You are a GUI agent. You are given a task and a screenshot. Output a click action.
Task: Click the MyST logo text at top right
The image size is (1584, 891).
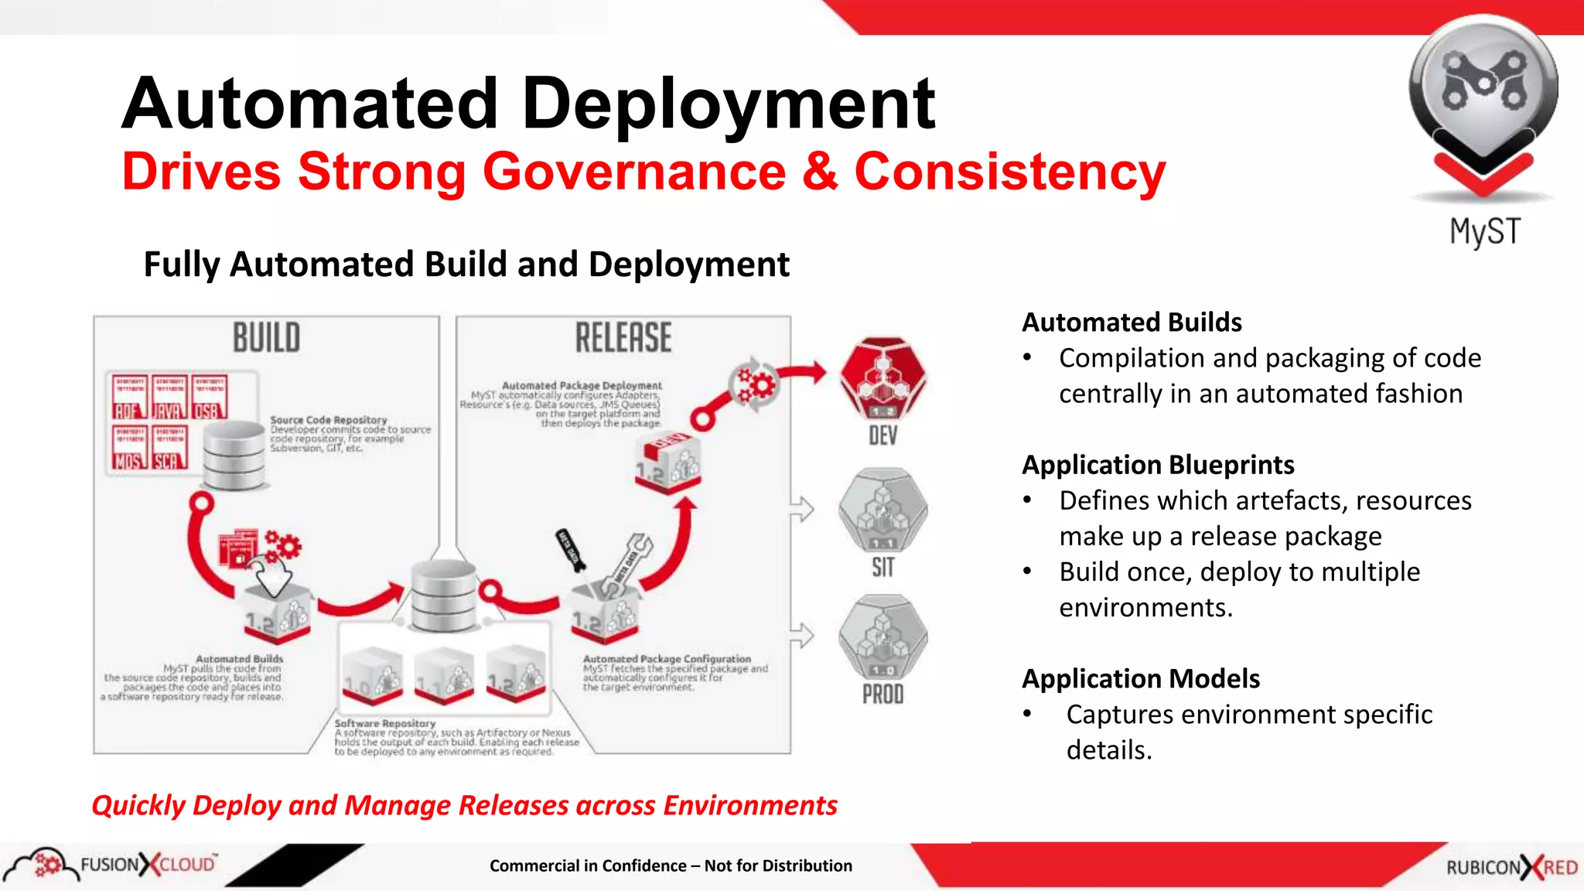click(1484, 232)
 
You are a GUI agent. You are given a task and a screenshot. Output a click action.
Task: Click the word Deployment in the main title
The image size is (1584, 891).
click(729, 104)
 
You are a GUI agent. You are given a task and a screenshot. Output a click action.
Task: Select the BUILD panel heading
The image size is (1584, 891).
click(267, 338)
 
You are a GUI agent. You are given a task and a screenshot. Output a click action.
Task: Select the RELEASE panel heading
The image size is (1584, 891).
click(623, 338)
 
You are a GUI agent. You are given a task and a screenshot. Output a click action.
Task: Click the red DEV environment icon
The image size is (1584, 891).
click(883, 377)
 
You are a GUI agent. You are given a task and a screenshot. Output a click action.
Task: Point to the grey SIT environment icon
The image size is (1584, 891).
click(882, 510)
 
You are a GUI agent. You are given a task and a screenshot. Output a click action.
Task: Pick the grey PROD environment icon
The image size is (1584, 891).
click(882, 637)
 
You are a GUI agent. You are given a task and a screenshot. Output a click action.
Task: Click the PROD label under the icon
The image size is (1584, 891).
click(882, 694)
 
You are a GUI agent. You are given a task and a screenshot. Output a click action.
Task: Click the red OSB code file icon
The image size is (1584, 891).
click(208, 396)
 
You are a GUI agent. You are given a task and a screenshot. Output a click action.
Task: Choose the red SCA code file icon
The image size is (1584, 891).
click(169, 447)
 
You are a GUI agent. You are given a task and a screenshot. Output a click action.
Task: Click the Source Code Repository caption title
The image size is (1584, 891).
click(329, 420)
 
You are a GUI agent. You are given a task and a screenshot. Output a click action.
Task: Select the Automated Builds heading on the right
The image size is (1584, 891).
click(1132, 322)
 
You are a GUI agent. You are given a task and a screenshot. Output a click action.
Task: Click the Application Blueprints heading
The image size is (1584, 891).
click(1158, 465)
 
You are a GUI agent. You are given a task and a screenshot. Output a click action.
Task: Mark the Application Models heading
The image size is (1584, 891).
click(1141, 678)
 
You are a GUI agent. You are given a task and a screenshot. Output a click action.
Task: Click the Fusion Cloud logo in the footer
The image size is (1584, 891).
click(116, 865)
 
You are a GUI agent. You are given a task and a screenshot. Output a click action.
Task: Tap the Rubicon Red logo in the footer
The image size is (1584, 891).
click(1511, 867)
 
